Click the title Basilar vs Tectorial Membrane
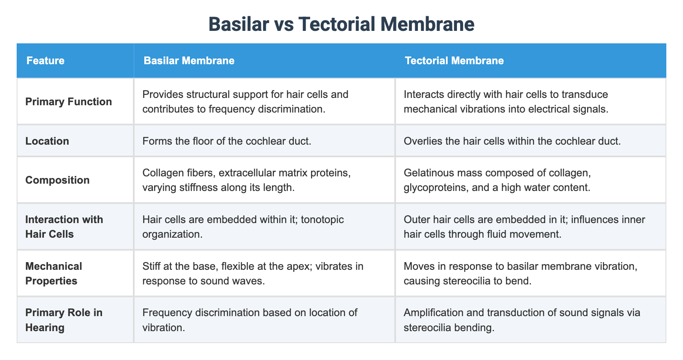(x=341, y=24)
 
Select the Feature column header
(x=46, y=61)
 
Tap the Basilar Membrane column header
(x=189, y=61)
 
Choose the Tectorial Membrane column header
(x=454, y=61)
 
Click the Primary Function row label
(x=69, y=102)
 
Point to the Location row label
(x=47, y=141)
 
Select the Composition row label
(x=57, y=180)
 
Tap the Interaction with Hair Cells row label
(x=64, y=227)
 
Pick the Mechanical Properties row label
(x=54, y=273)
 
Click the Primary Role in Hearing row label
(x=64, y=320)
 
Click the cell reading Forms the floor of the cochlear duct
(x=227, y=141)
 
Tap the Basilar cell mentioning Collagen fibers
(x=246, y=180)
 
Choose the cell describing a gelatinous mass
(x=497, y=180)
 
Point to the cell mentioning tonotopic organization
(x=243, y=227)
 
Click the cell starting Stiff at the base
(x=253, y=273)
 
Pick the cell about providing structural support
(x=245, y=102)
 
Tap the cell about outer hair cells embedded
(x=524, y=227)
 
